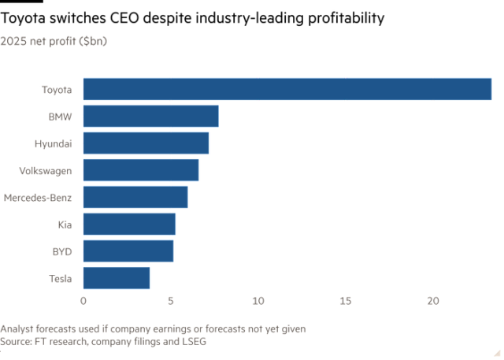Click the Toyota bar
point(287,89)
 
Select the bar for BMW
point(150,116)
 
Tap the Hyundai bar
point(146,143)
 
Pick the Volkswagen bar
point(141,170)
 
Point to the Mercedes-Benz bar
point(135,197)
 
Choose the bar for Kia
point(129,225)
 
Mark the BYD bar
point(128,251)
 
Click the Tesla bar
point(117,278)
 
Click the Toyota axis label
point(56,89)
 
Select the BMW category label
point(60,117)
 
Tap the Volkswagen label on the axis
point(45,170)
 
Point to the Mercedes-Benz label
point(38,198)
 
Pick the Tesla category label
point(60,278)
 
